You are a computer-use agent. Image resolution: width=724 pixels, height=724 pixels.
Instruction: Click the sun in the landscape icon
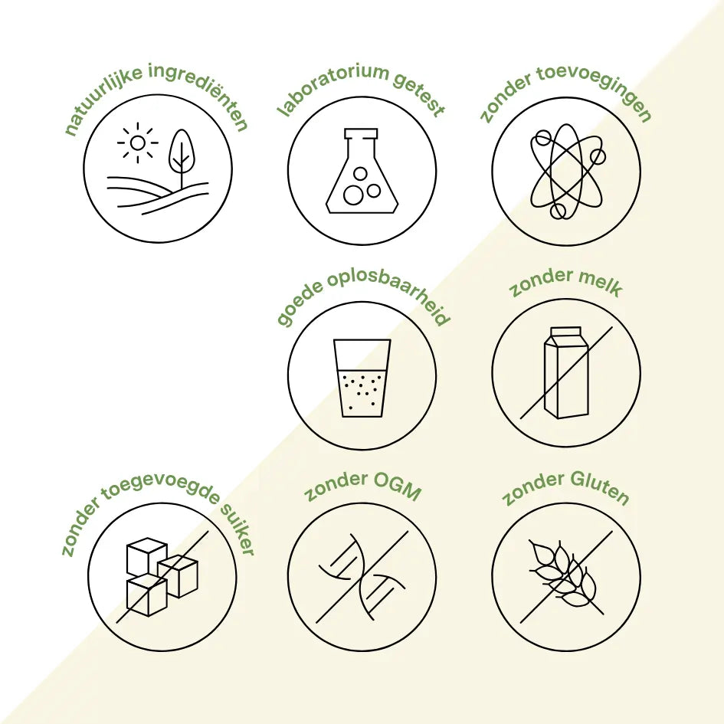click(137, 143)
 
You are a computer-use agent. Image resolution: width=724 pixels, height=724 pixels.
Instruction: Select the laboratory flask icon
click(362, 171)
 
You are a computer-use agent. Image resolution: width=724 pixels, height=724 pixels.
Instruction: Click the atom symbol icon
click(566, 172)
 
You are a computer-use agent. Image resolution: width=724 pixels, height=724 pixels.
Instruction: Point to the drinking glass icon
click(362, 378)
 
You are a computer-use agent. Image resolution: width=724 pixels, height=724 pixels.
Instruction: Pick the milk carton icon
click(566, 372)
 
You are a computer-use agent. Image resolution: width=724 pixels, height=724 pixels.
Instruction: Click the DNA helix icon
click(362, 577)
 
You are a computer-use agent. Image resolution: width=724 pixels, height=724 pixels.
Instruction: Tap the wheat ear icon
click(564, 572)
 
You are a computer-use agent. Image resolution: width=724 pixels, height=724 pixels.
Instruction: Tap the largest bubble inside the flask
click(353, 195)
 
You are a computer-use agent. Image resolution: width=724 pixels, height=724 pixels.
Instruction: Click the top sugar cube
click(147, 555)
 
